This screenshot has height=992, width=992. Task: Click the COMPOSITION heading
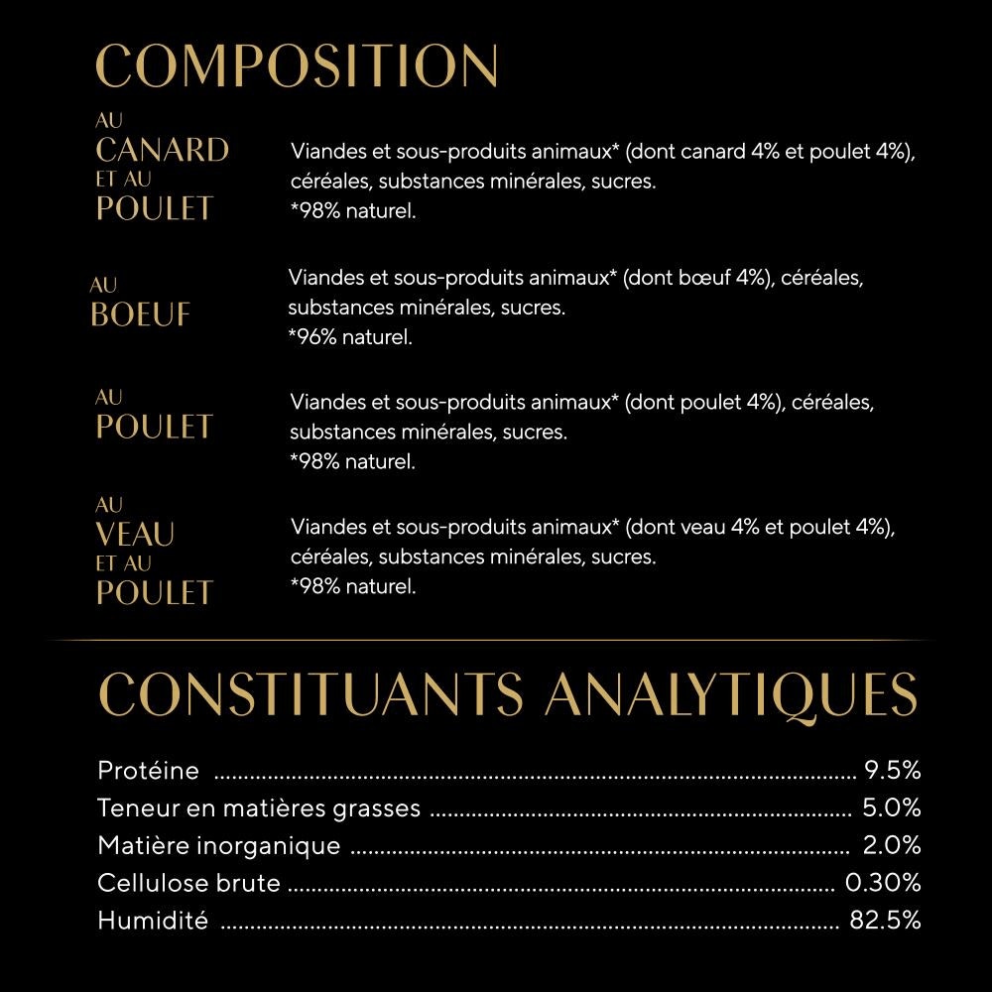click(297, 65)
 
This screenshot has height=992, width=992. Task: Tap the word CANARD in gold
click(163, 151)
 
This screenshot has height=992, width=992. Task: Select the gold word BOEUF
click(140, 314)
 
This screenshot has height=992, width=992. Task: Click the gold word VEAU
click(135, 535)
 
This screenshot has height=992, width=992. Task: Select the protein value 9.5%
click(893, 770)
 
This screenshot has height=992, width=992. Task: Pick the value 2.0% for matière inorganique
click(892, 845)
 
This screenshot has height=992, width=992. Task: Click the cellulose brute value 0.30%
click(883, 882)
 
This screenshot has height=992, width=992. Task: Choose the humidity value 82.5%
click(885, 920)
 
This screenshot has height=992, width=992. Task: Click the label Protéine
click(148, 770)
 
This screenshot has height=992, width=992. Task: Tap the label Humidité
click(153, 920)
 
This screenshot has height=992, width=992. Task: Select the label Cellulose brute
click(188, 882)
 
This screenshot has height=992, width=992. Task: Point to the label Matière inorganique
click(218, 845)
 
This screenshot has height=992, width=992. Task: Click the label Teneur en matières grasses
click(259, 807)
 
